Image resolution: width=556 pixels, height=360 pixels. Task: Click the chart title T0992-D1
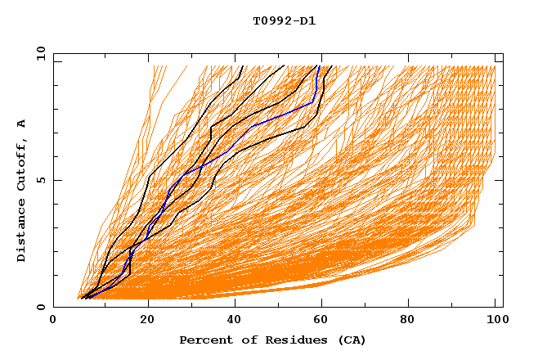[x=284, y=21]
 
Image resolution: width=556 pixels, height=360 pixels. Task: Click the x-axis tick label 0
[x=53, y=320]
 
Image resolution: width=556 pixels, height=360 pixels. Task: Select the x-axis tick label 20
[x=148, y=320]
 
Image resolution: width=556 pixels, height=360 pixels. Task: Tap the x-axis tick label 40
[x=236, y=320]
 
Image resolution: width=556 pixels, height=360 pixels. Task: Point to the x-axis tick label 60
[x=325, y=320]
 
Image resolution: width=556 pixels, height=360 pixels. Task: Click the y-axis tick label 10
[x=40, y=55]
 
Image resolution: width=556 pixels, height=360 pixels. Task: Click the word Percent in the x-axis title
[x=203, y=340]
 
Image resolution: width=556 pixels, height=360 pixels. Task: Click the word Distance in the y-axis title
[x=22, y=232]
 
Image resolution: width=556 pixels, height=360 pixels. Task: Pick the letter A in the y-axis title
[x=22, y=123]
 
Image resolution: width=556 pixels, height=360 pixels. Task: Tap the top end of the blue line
[x=318, y=66]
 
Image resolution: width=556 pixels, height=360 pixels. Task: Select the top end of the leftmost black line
[x=243, y=66]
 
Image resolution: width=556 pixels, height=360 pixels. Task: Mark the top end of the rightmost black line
[x=330, y=66]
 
